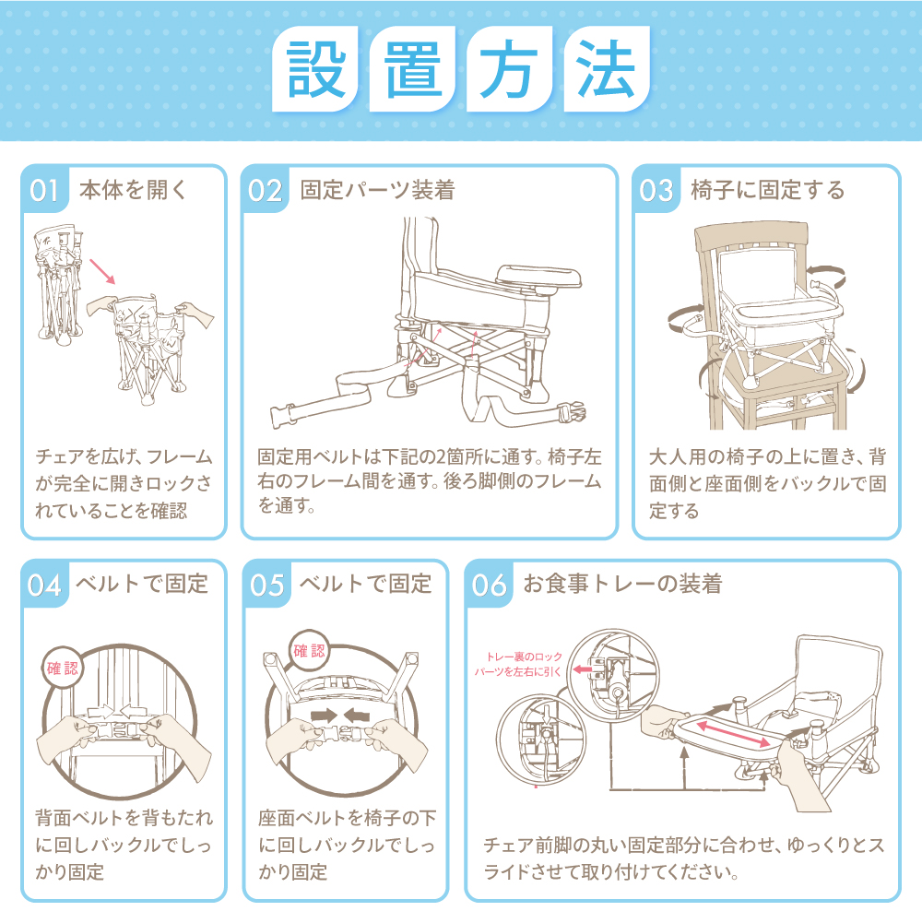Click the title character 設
pyautogui.click(x=316, y=69)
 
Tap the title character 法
pyautogui.click(x=606, y=69)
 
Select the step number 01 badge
pyautogui.click(x=44, y=191)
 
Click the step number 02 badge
pyautogui.click(x=265, y=191)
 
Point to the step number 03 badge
pyautogui.click(x=656, y=191)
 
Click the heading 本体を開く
pyautogui.click(x=133, y=190)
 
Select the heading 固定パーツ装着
pyautogui.click(x=377, y=190)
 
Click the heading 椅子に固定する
pyautogui.click(x=768, y=190)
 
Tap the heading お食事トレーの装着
pyautogui.click(x=623, y=584)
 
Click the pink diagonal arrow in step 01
pyautogui.click(x=102, y=271)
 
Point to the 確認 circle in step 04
pyautogui.click(x=63, y=669)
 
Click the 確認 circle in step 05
pyautogui.click(x=309, y=650)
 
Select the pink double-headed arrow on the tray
pyautogui.click(x=733, y=733)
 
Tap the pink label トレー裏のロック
pyautogui.click(x=524, y=657)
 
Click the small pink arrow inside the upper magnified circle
pyautogui.click(x=583, y=669)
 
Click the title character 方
pyautogui.click(x=509, y=69)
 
